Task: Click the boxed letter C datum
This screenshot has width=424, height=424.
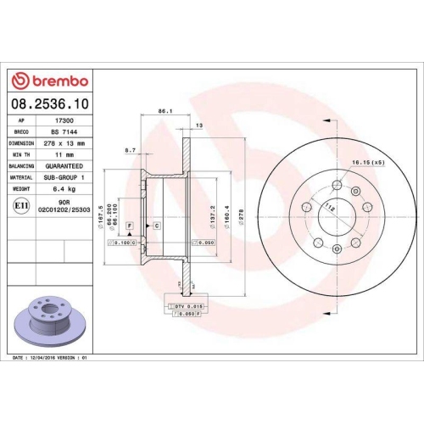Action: click(x=157, y=226)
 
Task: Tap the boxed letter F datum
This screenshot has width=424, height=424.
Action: click(x=128, y=226)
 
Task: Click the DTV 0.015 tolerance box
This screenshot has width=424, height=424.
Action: click(x=187, y=304)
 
